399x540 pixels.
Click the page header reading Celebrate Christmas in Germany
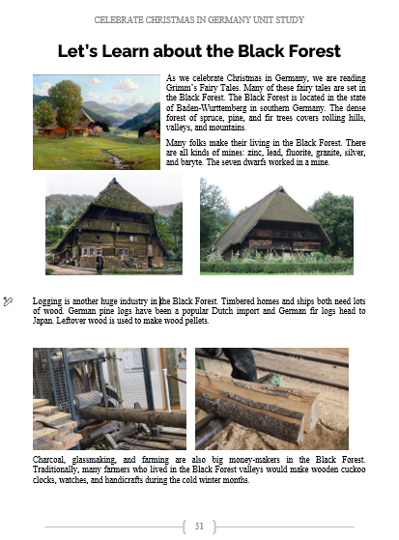point(199,18)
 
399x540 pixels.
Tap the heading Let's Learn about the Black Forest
point(199,50)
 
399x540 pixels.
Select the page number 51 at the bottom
point(199,526)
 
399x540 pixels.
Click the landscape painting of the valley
point(96,122)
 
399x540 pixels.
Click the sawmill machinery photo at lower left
point(109,398)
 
